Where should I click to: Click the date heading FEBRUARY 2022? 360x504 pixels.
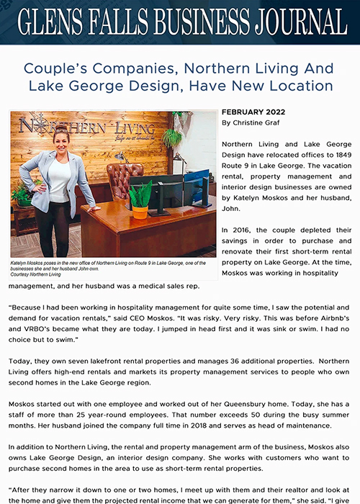point(254,113)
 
